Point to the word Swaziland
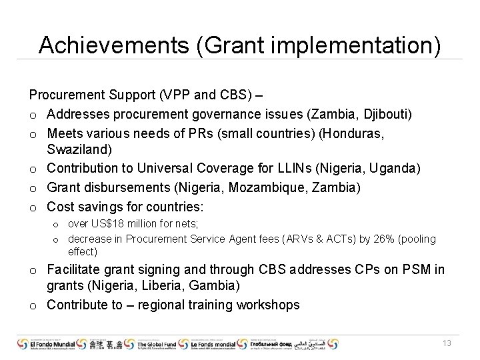(x=77, y=151)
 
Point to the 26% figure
(x=367, y=239)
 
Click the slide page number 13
(x=447, y=343)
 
